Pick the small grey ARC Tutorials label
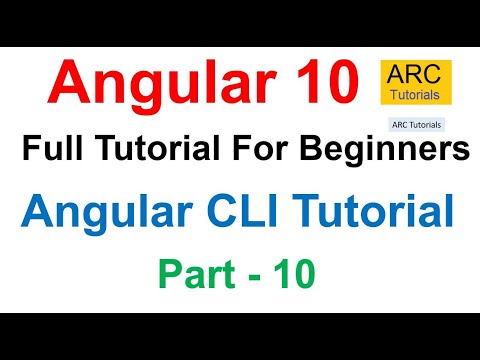414,127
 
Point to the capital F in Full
31,151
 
